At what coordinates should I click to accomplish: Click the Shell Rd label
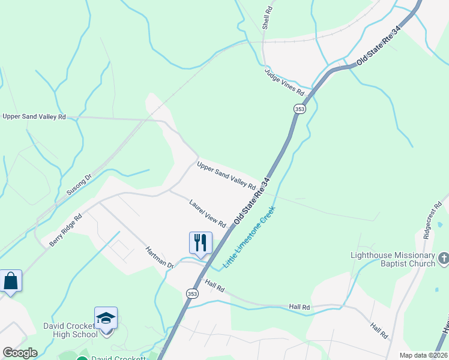[x=268, y=19]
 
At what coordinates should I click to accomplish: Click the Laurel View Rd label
[x=207, y=214]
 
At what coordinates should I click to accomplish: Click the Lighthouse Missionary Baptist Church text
[x=393, y=259]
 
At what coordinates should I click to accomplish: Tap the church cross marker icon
[x=444, y=259]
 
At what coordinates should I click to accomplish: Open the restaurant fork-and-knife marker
[x=200, y=242]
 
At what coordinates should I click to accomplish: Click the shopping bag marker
[x=11, y=281]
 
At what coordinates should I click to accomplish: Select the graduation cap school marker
[x=106, y=318]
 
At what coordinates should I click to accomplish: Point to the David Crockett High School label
[x=69, y=331]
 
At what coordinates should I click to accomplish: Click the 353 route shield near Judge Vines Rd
[x=300, y=109]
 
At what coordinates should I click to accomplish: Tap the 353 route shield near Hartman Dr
[x=191, y=293]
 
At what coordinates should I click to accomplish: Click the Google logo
[x=20, y=353]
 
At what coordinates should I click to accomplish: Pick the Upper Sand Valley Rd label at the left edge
[x=34, y=117]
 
